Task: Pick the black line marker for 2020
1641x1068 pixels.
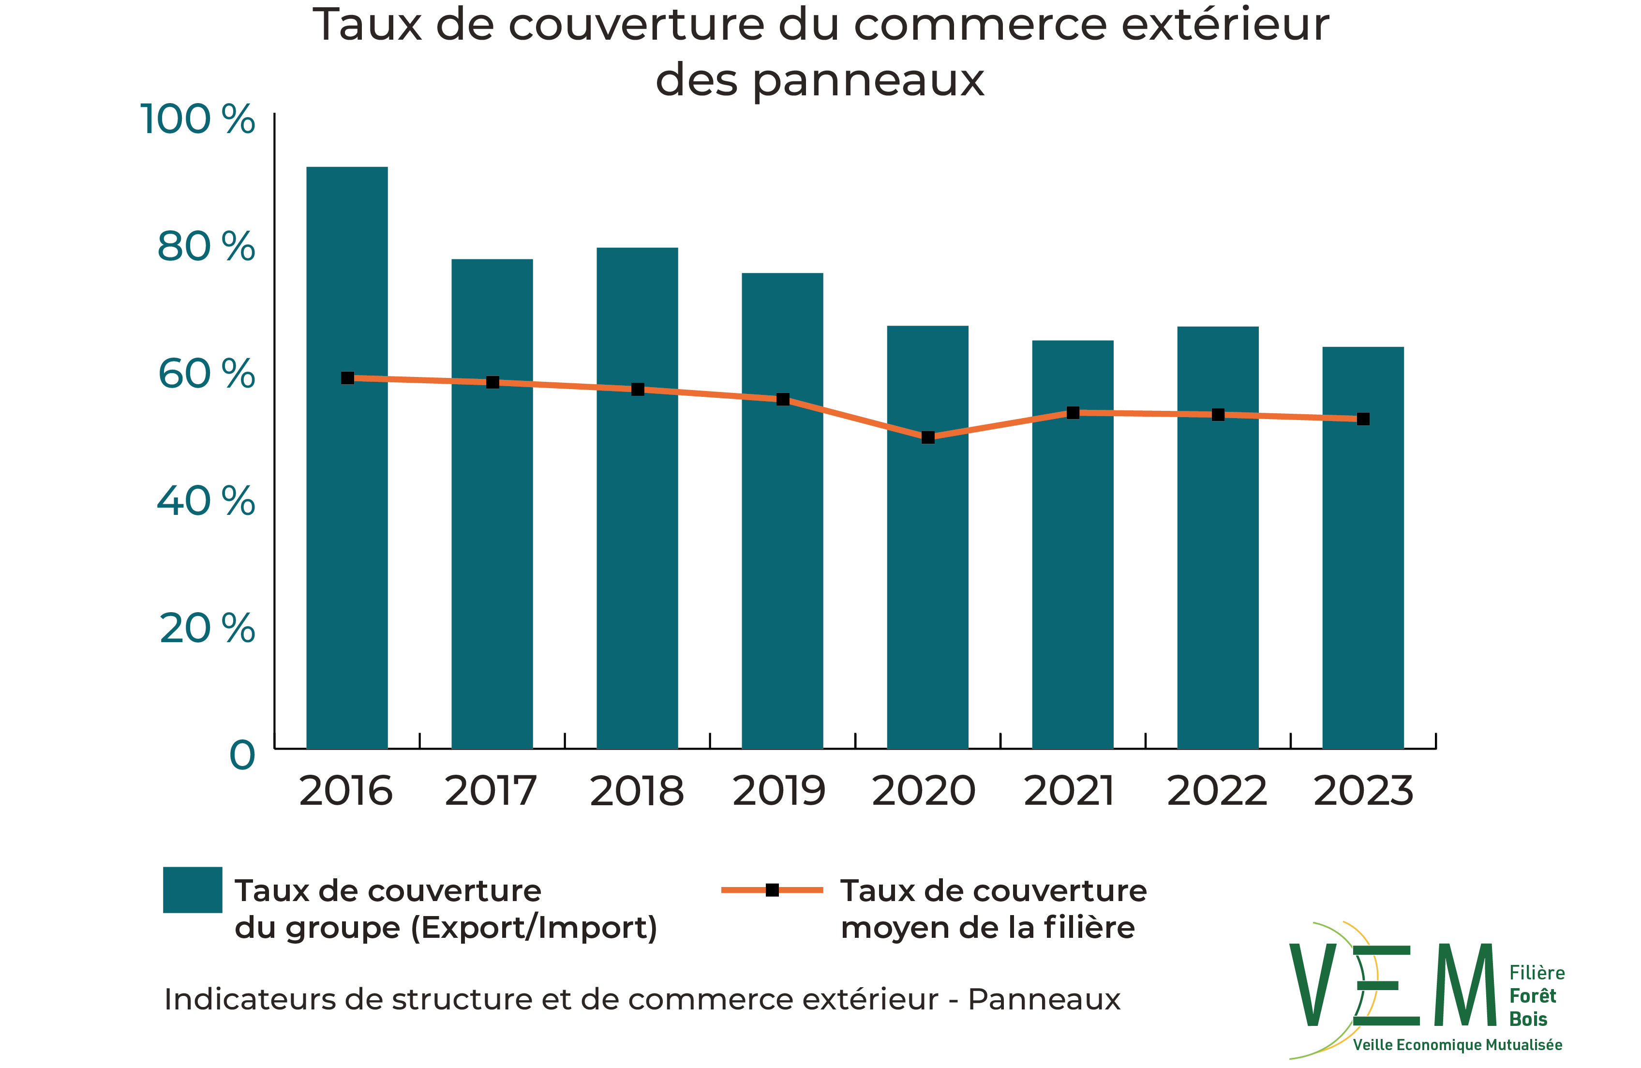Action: [x=928, y=437]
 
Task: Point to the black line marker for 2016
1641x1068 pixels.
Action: [x=347, y=378]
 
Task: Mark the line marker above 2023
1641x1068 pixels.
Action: [x=1363, y=419]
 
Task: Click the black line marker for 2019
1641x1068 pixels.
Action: [x=783, y=399]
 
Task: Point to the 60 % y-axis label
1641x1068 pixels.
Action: [x=206, y=375]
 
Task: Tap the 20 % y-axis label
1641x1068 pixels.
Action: [x=207, y=629]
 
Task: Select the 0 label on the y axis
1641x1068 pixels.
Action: [x=242, y=756]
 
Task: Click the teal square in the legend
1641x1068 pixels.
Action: [x=193, y=889]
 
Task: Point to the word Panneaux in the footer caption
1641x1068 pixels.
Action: [x=1044, y=999]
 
